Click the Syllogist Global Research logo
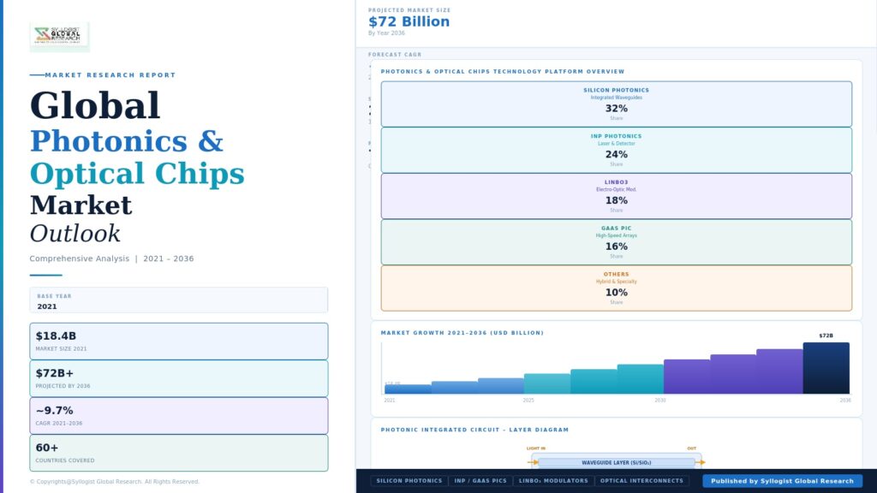pos(59,35)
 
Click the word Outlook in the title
pos(75,234)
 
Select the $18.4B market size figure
pos(56,336)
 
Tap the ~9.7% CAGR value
pos(54,411)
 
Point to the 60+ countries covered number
pos(47,448)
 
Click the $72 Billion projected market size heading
pos(409,22)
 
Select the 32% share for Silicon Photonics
pos(617,109)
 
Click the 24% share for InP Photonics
pos(617,155)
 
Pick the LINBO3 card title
pos(617,182)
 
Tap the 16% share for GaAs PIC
pos(617,246)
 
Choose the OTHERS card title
pos(617,275)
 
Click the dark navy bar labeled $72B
pos(826,368)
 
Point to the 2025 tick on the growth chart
pos(528,400)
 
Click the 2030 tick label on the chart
pos(660,400)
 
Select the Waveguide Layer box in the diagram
pos(616,462)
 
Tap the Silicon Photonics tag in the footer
pos(409,481)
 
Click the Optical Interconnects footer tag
pos(642,481)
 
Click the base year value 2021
pos(47,306)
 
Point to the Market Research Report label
pos(110,75)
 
